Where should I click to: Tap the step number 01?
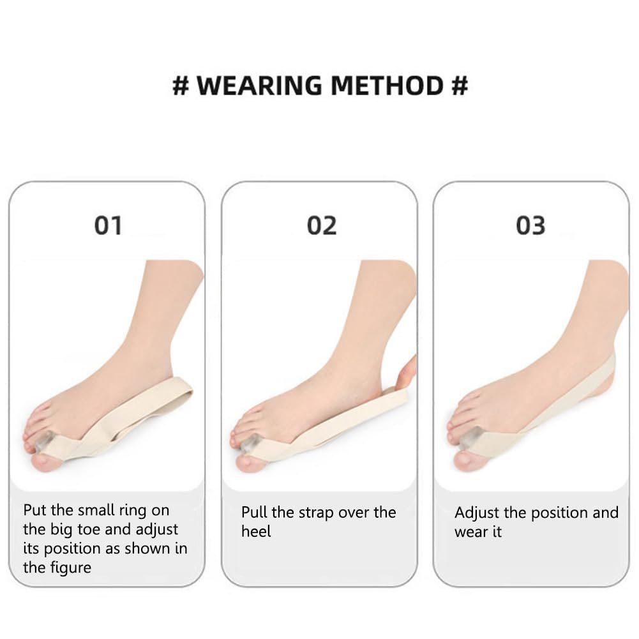(108, 225)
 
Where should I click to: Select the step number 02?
(321, 225)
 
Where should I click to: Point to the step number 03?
(530, 225)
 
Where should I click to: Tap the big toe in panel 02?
(252, 461)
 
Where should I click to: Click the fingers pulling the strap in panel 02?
(407, 374)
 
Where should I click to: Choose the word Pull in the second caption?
(255, 512)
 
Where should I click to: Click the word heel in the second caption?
(256, 531)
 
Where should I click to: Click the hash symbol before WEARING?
(181, 86)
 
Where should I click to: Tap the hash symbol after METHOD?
(459, 86)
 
